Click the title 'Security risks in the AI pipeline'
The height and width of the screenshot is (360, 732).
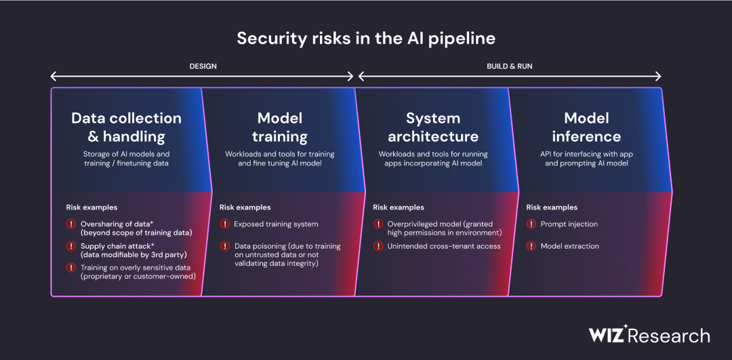[365, 38]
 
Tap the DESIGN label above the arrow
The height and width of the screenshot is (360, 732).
[203, 66]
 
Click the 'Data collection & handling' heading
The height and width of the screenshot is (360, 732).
[127, 127]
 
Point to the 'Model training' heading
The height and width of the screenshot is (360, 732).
[280, 127]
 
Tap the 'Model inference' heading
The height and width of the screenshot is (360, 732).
[586, 127]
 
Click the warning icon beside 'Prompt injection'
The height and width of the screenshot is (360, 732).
[531, 224]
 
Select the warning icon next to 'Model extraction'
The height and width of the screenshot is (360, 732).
[531, 245]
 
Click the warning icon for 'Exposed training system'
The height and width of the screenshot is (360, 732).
[224, 224]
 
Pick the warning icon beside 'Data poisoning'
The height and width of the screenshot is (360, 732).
[224, 245]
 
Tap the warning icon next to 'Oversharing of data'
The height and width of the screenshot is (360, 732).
[71, 224]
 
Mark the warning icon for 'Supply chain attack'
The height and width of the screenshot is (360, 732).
[71, 245]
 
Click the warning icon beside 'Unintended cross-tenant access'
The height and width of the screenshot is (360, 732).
[378, 245]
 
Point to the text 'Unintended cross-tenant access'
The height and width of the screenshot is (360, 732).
[444, 246]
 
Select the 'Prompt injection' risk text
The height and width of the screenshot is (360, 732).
[569, 224]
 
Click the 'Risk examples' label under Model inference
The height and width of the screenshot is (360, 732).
[552, 207]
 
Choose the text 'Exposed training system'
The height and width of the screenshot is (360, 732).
[277, 224]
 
